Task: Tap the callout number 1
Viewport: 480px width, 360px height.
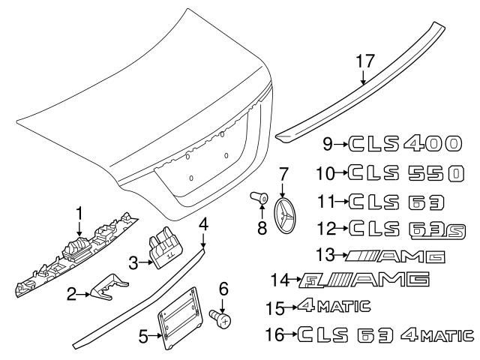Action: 79,214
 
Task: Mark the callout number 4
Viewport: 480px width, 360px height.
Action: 203,223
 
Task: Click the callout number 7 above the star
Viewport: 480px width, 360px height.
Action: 283,172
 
